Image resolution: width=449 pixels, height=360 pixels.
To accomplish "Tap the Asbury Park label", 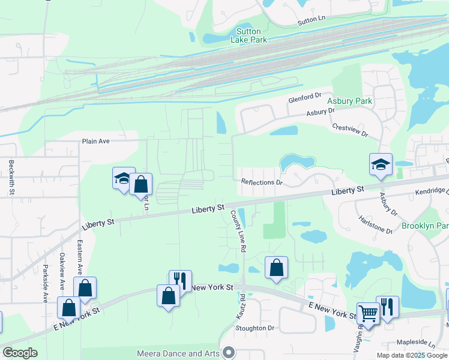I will point(351,101).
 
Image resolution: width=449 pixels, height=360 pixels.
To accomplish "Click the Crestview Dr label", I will point(349,129).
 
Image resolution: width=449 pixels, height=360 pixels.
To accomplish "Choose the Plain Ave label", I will point(96,142).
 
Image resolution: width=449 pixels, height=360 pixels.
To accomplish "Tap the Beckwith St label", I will point(11,176).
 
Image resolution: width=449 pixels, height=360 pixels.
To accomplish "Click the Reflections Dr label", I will point(261,182).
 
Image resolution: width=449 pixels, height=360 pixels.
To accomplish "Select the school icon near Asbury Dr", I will point(381,164).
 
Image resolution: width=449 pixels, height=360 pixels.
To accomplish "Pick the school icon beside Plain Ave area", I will point(122,178).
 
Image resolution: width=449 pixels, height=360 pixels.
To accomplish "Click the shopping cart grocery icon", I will point(367,313).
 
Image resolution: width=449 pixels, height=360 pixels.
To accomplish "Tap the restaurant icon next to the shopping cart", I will point(387,306).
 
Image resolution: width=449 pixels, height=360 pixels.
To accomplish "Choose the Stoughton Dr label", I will point(255,328).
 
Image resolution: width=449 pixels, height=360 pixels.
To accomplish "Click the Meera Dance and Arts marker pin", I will point(228,353).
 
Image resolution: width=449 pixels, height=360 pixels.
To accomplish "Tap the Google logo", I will point(20,353).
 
